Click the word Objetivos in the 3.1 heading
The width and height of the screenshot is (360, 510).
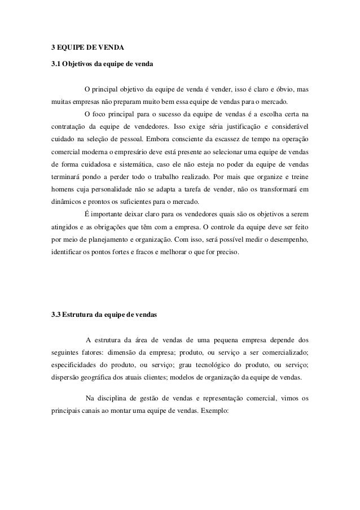tap(81, 63)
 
